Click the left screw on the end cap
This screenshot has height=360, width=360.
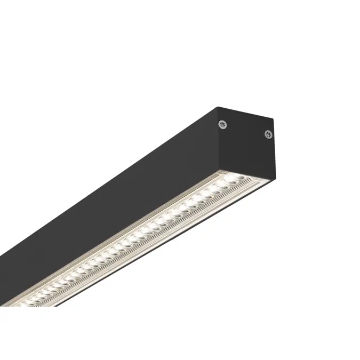pos(223,124)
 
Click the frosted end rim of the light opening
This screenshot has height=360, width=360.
pos(251,178)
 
